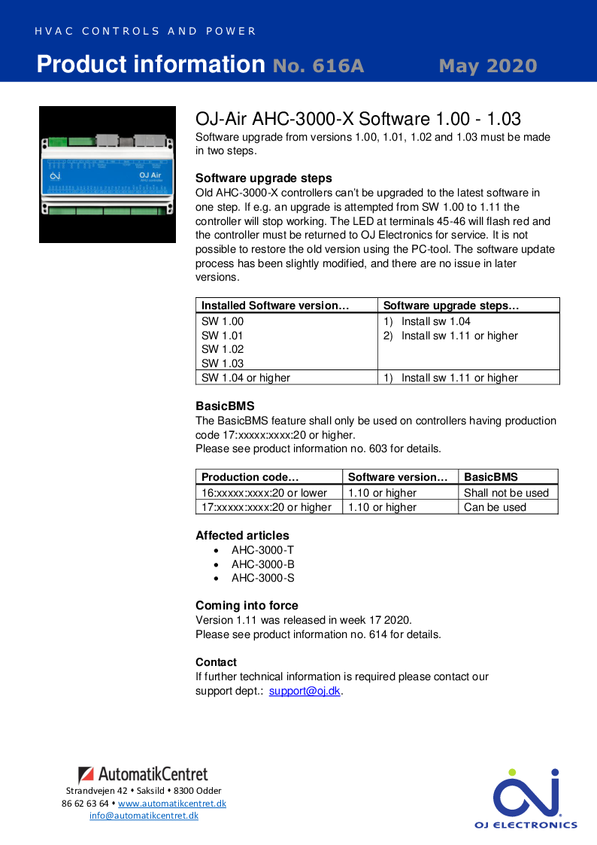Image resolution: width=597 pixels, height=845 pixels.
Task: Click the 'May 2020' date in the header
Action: (487, 66)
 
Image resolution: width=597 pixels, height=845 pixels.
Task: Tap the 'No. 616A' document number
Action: (318, 66)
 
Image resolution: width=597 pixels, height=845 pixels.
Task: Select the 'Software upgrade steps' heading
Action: (263, 178)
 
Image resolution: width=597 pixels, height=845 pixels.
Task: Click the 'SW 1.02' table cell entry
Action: (223, 349)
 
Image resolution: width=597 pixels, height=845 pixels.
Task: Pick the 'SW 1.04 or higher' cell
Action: (246, 378)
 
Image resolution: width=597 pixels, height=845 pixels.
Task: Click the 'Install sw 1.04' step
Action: (435, 321)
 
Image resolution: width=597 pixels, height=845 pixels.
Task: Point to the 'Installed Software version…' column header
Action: (275, 305)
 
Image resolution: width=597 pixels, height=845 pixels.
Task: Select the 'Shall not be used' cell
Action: (506, 493)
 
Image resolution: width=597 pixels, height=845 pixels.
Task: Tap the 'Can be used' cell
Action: (495, 507)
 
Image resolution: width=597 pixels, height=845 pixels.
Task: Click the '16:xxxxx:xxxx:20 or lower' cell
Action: (264, 493)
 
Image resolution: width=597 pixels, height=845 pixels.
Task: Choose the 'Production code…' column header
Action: (250, 477)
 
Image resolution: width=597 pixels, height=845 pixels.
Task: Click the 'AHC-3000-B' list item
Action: (262, 564)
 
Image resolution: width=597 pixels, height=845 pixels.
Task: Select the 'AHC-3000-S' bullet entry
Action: (262, 578)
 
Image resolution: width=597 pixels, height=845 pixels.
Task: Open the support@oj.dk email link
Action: (305, 691)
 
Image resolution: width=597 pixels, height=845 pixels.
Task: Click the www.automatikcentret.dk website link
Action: (171, 803)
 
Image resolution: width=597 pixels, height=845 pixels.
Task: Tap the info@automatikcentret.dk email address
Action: (144, 816)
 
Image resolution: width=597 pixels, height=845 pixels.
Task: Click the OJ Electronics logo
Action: (526, 798)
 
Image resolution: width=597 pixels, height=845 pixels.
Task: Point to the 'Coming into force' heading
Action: (247, 606)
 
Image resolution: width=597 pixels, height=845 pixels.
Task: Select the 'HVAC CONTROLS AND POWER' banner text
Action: (146, 32)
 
